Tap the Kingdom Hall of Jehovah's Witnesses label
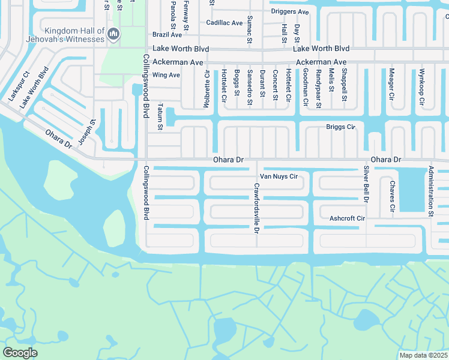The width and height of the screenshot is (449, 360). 74,35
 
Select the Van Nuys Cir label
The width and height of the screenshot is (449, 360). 278,177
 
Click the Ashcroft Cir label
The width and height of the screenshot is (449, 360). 347,218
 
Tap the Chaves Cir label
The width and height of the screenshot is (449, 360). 391,196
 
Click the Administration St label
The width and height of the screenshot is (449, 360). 430,191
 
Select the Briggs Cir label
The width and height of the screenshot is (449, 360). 340,127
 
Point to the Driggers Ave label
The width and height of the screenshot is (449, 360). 289,11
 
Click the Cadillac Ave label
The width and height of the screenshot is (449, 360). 224,23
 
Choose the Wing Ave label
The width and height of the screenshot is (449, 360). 166,75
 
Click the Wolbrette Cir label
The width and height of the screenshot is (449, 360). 207,87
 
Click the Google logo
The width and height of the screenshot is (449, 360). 20,353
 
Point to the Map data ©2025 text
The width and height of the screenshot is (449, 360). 424,355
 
